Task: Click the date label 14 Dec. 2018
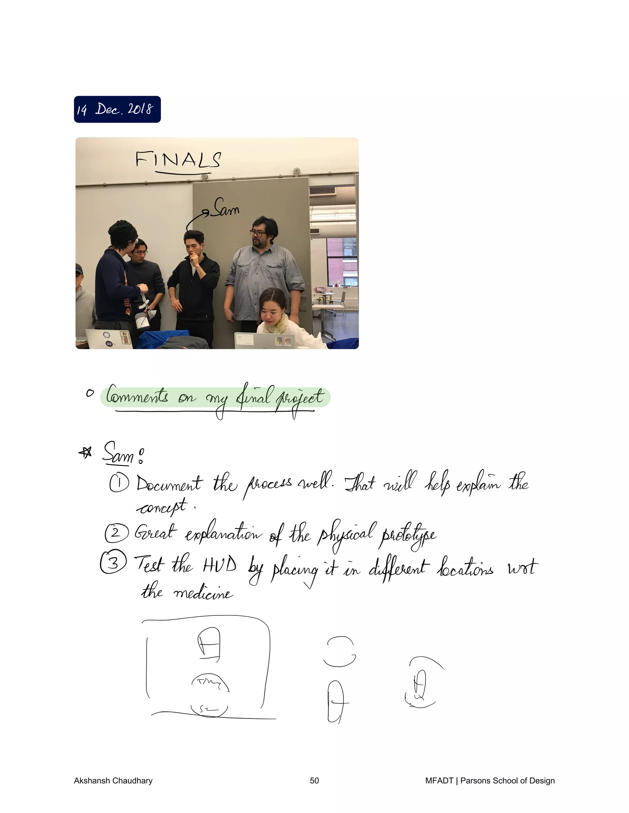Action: coord(117,109)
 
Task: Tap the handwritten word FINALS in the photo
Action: coord(178,160)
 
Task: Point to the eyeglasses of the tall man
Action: coord(258,234)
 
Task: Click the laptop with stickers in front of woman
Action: coord(264,341)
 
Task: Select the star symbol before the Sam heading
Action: coord(86,453)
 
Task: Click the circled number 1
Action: coord(119,483)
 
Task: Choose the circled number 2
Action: coord(116,533)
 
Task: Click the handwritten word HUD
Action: coord(220,565)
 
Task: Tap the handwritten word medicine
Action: coord(203,593)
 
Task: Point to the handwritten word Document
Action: coord(169,484)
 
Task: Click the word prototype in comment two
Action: coord(407,536)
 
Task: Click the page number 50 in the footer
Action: coord(314,780)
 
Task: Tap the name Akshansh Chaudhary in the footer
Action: coord(113,780)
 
